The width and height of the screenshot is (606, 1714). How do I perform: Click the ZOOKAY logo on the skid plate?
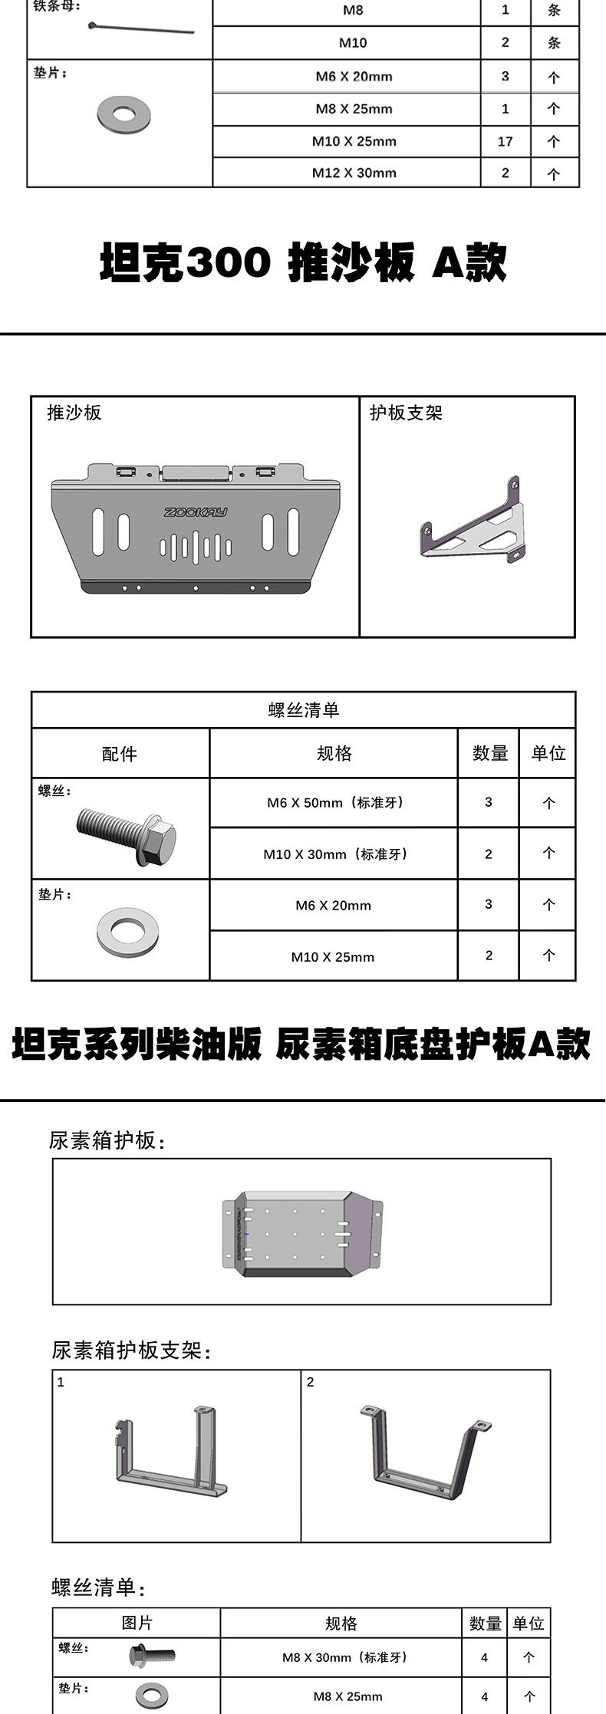[x=196, y=512]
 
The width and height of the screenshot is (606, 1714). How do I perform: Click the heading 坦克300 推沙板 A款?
[x=303, y=262]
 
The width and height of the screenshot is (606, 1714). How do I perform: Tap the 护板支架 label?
[x=407, y=413]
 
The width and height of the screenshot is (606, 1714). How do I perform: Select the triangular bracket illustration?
[x=473, y=521]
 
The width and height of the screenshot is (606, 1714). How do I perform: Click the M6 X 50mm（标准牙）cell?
[x=334, y=803]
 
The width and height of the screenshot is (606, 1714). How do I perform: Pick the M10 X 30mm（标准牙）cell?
[x=334, y=854]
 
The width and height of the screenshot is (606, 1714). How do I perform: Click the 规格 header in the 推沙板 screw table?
[x=334, y=753]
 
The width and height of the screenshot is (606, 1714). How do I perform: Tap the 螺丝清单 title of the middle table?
[x=304, y=710]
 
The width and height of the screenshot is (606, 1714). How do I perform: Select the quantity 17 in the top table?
[x=505, y=141]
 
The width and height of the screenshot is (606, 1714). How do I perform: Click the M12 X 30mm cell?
[x=354, y=173]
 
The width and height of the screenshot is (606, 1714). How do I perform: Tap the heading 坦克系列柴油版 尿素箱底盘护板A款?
[x=301, y=1045]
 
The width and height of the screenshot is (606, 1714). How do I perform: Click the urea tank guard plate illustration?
[x=301, y=1233]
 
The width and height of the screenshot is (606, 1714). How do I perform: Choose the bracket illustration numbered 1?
[x=170, y=1451]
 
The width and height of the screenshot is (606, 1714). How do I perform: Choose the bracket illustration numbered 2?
[x=424, y=1451]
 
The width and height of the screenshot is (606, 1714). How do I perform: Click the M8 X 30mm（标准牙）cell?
[x=341, y=1657]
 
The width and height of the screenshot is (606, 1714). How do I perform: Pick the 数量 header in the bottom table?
[x=486, y=1624]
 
